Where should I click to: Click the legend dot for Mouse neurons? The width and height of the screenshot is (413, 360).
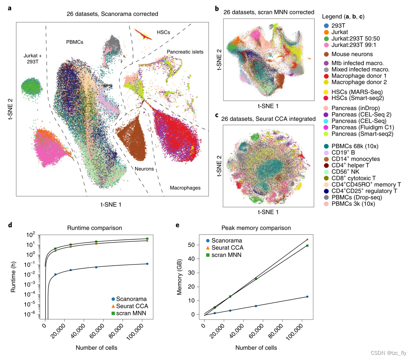pos(327,54)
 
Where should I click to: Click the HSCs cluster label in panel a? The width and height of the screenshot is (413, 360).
pos(164,32)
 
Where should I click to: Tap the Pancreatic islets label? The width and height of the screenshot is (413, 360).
pos(185,52)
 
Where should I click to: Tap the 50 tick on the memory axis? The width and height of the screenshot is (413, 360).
pos(195,245)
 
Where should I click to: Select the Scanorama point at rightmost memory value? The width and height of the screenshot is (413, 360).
pos(307,297)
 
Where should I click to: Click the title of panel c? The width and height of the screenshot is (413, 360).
pos(268,119)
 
